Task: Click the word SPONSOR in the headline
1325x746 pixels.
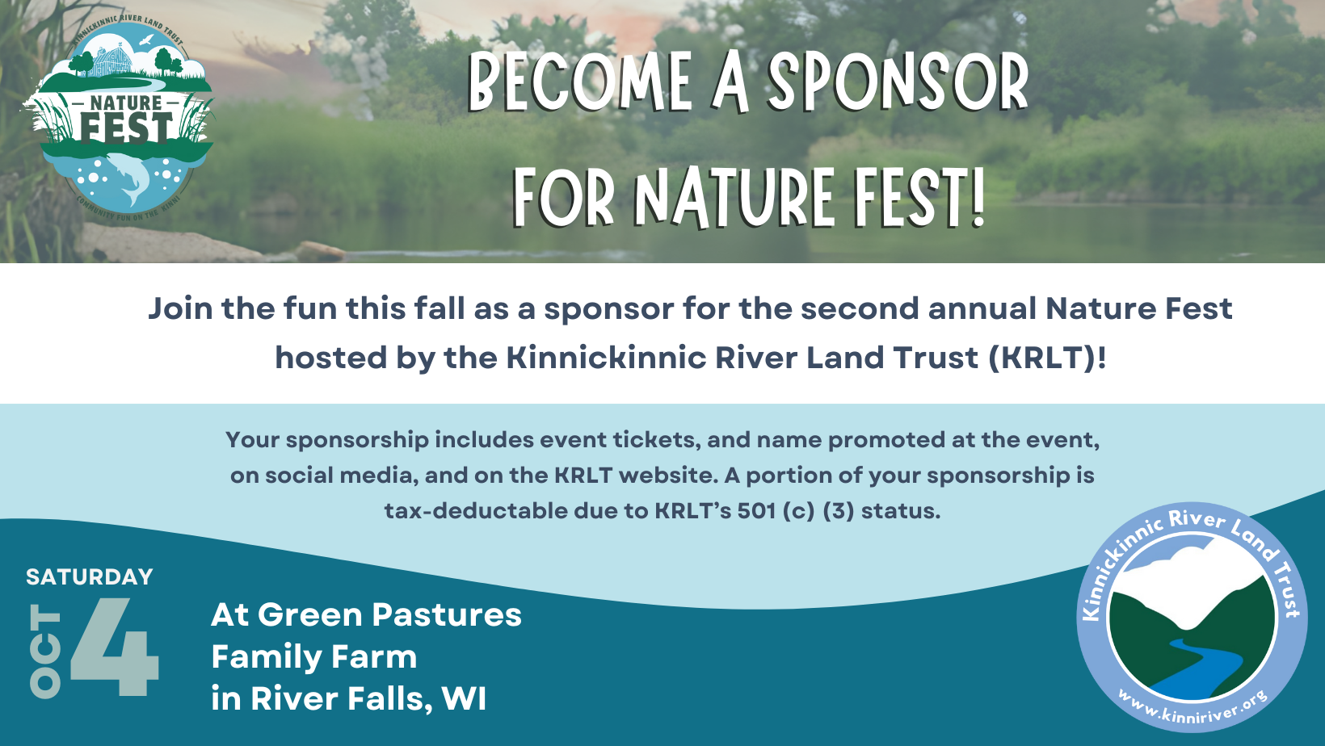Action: point(898,83)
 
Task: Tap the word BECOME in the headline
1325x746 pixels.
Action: point(580,83)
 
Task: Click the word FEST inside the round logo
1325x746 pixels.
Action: point(126,128)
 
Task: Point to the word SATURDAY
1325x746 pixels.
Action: point(90,577)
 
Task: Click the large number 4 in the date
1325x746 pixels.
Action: point(116,647)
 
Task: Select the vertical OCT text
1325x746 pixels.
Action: point(45,651)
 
